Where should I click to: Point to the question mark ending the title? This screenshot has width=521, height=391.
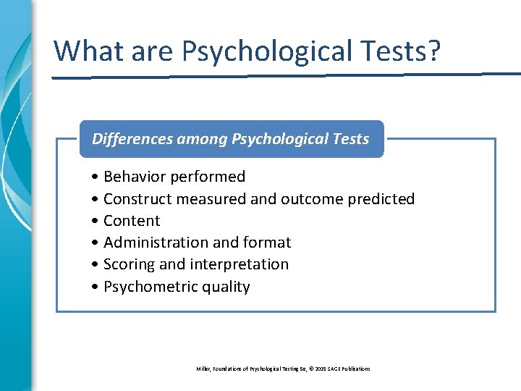432,51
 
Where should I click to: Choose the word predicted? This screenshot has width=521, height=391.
381,198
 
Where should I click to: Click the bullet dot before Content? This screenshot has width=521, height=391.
96,221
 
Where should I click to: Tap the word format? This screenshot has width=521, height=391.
267,243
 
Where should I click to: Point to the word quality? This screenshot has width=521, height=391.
226,287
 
